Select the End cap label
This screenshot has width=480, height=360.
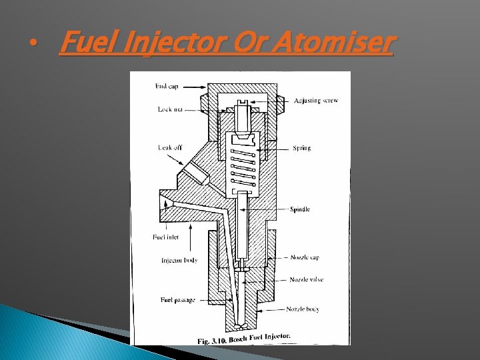(x=166, y=86)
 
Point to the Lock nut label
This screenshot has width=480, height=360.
(x=169, y=109)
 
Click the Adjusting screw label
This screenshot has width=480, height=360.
(x=316, y=101)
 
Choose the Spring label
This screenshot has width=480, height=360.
(x=301, y=148)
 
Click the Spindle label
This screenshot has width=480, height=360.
(x=300, y=210)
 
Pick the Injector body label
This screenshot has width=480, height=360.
(x=180, y=260)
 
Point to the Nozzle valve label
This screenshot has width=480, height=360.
(x=307, y=279)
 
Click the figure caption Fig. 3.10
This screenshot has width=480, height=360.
(x=243, y=339)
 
